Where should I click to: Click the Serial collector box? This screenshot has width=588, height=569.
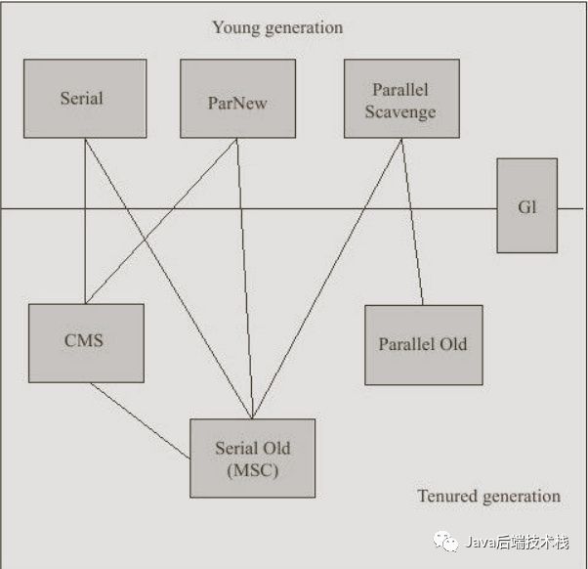85,98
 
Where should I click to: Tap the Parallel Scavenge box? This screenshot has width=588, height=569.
400,98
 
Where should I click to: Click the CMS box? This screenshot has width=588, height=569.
86,342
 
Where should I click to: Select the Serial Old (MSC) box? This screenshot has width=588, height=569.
253,459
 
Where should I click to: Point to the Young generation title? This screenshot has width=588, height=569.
277,27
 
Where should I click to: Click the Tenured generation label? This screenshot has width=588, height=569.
488,497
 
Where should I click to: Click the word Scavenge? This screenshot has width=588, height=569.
400,110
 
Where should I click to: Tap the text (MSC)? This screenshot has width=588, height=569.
253,470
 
